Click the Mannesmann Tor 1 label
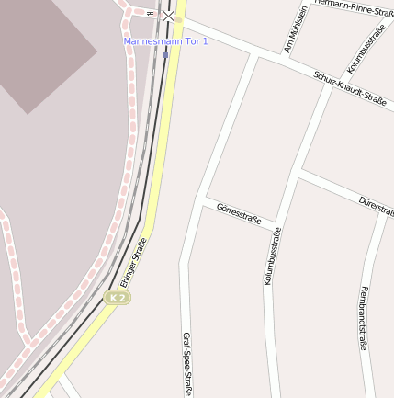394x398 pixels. coord(166,41)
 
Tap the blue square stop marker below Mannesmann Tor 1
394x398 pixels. coord(165,54)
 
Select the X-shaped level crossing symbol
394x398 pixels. coord(168,16)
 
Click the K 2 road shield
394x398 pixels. coord(117,298)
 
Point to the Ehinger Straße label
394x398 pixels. coord(132,262)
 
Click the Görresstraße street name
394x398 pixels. coord(239,214)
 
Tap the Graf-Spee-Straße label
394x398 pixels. coord(186,364)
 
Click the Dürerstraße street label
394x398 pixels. coord(377,206)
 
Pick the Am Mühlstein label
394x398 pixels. coord(296,28)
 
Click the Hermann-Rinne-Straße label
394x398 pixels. coord(355,7)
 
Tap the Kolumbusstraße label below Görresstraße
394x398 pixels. coord(272,256)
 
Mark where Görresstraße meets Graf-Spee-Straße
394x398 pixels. coord(200,200)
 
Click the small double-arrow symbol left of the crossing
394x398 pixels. coord(150,13)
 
